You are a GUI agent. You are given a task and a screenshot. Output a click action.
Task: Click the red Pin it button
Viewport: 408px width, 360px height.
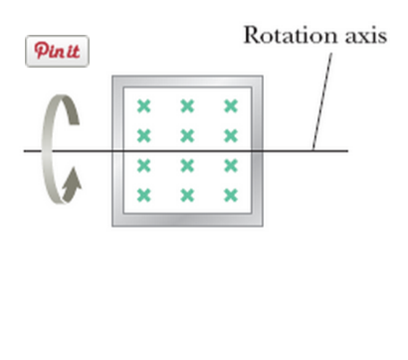[57, 51]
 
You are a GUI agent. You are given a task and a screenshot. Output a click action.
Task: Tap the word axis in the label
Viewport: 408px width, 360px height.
[359, 35]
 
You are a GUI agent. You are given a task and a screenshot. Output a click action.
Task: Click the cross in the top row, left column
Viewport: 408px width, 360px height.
[143, 105]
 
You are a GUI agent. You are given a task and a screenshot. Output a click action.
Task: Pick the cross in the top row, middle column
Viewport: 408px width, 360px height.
[187, 105]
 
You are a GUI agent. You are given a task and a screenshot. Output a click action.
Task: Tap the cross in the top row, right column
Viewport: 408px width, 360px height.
[231, 105]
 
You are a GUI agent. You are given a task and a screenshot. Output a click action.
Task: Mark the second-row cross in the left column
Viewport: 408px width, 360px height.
[143, 135]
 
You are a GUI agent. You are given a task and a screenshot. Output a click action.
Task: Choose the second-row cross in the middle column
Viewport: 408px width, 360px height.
[187, 135]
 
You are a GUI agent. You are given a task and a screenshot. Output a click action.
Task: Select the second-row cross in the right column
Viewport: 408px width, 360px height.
[231, 135]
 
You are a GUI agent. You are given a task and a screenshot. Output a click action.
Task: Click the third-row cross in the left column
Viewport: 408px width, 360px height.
[143, 165]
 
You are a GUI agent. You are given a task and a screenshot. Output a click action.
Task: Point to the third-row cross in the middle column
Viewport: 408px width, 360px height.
[187, 165]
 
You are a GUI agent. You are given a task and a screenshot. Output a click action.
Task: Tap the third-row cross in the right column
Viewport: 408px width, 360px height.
[231, 165]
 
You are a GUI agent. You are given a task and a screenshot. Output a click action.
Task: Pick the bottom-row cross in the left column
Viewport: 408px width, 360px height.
[143, 195]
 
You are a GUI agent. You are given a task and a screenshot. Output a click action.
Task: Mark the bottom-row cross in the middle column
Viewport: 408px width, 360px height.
[187, 195]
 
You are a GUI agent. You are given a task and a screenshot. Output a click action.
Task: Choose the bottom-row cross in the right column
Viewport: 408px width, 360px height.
[231, 195]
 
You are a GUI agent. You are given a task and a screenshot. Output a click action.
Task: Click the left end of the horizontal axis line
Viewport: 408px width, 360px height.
[26, 150]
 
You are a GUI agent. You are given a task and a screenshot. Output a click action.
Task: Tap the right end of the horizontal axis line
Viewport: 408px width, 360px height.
[347, 150]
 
